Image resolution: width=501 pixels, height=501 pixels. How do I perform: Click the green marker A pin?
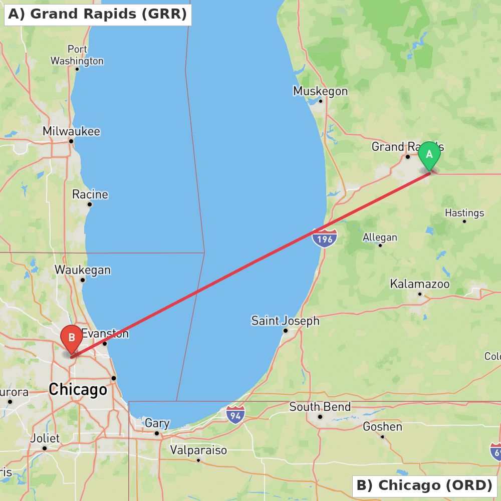point(429,155)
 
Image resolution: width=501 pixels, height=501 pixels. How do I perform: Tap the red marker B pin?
point(71,338)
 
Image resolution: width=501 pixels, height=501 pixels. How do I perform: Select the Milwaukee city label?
point(71,131)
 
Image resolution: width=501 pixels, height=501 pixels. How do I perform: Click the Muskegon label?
point(320,91)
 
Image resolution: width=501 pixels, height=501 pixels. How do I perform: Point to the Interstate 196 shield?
point(324,238)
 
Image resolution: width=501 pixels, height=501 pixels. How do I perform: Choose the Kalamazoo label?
point(420,284)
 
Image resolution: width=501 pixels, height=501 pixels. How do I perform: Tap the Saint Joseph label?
point(285,321)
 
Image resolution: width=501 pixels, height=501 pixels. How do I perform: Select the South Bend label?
point(320,407)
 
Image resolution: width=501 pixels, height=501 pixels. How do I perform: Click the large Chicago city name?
point(78,389)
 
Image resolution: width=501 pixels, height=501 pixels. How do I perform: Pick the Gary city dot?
point(157,433)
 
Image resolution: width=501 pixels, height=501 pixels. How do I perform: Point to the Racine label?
point(90,194)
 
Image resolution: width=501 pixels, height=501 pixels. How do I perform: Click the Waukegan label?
point(83,270)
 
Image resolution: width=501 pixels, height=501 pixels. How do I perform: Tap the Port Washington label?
point(77,55)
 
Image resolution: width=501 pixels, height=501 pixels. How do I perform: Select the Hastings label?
point(464,213)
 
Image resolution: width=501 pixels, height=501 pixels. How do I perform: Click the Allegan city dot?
point(380,245)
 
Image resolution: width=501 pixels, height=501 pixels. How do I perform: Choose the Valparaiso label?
point(198,450)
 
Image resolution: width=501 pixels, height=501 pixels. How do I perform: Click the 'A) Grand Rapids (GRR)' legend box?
point(97,14)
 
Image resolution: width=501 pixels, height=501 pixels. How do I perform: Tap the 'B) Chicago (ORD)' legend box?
point(424,485)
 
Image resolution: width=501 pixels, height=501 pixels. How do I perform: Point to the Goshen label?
point(382,426)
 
